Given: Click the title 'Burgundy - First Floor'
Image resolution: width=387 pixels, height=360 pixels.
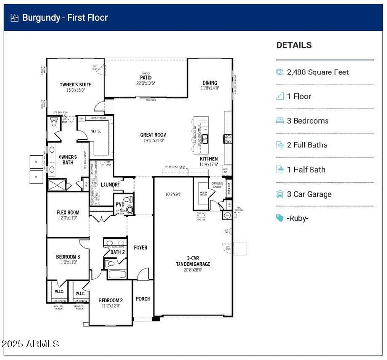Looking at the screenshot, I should pyautogui.click(x=65, y=18).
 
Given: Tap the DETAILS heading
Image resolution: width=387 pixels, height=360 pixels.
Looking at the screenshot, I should pyautogui.click(x=294, y=45).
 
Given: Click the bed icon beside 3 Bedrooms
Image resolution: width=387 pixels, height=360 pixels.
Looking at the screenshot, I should pyautogui.click(x=280, y=121).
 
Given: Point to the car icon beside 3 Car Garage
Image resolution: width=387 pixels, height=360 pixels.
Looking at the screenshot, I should pyautogui.click(x=280, y=194).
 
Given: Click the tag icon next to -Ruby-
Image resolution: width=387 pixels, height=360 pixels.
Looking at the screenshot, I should pyautogui.click(x=280, y=218).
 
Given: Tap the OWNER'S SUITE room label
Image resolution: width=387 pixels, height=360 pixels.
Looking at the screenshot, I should pyautogui.click(x=75, y=85).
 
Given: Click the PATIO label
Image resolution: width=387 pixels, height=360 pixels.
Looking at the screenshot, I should pyautogui.click(x=146, y=77).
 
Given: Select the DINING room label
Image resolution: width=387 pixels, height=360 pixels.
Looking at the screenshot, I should pyautogui.click(x=210, y=83).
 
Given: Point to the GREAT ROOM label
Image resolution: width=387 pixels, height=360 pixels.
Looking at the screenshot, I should pyautogui.click(x=153, y=135).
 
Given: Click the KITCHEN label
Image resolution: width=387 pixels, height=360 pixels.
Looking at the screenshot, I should pyautogui.click(x=209, y=159).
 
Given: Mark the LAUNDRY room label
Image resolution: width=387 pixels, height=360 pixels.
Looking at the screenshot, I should pyautogui.click(x=110, y=185).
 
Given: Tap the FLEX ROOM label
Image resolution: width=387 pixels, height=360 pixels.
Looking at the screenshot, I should pyautogui.click(x=68, y=212).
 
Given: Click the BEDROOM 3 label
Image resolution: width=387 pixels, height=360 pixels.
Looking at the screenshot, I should pyautogui.click(x=68, y=256).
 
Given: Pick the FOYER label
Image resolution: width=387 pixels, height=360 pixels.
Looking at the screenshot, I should pyautogui.click(x=141, y=248).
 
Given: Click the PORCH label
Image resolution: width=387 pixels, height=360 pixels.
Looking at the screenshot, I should pyautogui.click(x=143, y=299).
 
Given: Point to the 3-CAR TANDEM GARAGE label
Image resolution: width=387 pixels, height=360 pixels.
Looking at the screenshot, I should pyautogui.click(x=193, y=261).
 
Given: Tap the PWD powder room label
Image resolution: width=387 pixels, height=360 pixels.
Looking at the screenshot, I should pyautogui.click(x=119, y=205).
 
